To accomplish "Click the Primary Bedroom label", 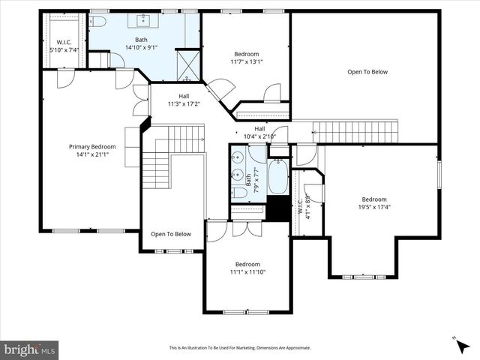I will point(92,147).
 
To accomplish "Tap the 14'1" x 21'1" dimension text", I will point(92,155).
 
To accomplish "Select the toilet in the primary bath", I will point(98,22).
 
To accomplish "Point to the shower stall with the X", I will point(187,64).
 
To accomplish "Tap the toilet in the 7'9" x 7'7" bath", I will point(239,193).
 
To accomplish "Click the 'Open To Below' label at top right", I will point(367,72).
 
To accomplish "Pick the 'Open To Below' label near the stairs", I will point(170,234).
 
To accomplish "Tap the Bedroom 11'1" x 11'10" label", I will point(247,268).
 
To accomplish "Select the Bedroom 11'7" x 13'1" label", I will point(246,58).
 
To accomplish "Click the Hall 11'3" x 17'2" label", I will point(184,100).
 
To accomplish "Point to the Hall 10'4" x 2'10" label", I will point(259,132).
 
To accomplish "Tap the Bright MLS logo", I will point(30,349).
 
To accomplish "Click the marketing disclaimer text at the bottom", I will point(239,348).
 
